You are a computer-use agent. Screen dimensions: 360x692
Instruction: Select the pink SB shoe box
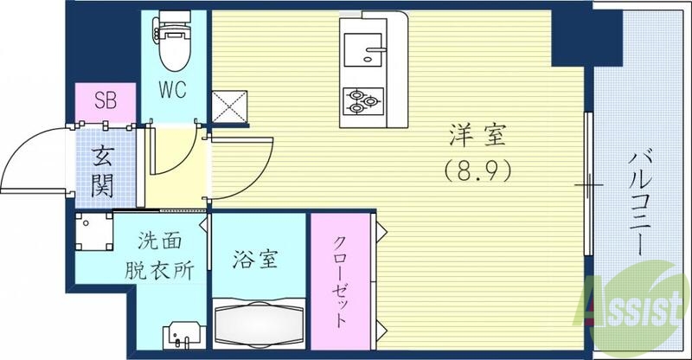click(x=105, y=100)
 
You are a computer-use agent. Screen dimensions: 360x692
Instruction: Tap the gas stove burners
click(x=362, y=102)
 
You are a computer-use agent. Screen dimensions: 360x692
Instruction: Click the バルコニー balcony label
click(x=642, y=202)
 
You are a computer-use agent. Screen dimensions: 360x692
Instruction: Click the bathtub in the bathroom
click(x=259, y=325)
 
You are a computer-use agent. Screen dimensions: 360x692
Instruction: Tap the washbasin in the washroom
click(x=183, y=332)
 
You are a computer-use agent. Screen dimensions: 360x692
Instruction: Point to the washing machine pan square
click(x=93, y=232)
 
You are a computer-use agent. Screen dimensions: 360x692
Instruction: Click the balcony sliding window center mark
click(x=588, y=184)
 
